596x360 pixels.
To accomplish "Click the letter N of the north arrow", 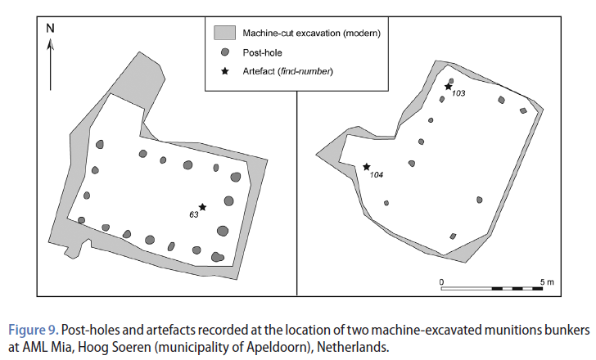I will pyautogui.click(x=51, y=28).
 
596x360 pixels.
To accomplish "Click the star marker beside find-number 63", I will pyautogui.click(x=202, y=207).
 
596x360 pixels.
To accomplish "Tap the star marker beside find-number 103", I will pyautogui.click(x=448, y=87).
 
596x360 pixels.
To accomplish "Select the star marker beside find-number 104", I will pyautogui.click(x=367, y=167).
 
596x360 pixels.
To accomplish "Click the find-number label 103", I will pyautogui.click(x=458, y=94).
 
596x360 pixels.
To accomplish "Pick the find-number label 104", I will pyautogui.click(x=377, y=175).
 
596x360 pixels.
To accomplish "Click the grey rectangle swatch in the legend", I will pyautogui.click(x=224, y=34).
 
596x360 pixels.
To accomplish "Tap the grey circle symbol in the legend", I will pyautogui.click(x=224, y=52).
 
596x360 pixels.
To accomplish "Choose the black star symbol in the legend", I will pyautogui.click(x=224, y=72).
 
